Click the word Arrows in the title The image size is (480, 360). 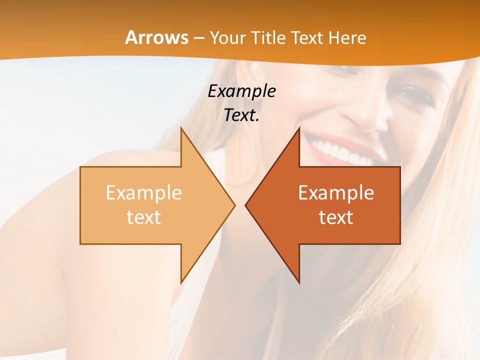click(x=157, y=37)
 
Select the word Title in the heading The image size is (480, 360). click(x=268, y=37)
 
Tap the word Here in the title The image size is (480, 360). click(x=348, y=37)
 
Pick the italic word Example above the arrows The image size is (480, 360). click(x=241, y=91)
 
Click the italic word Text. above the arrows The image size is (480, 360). click(x=241, y=115)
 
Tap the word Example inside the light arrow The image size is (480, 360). click(x=144, y=192)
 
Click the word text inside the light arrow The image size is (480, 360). click(x=144, y=217)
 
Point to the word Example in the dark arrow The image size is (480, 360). click(x=336, y=192)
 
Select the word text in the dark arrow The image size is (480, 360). click(x=336, y=217)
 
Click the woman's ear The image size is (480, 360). click(x=250, y=75)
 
